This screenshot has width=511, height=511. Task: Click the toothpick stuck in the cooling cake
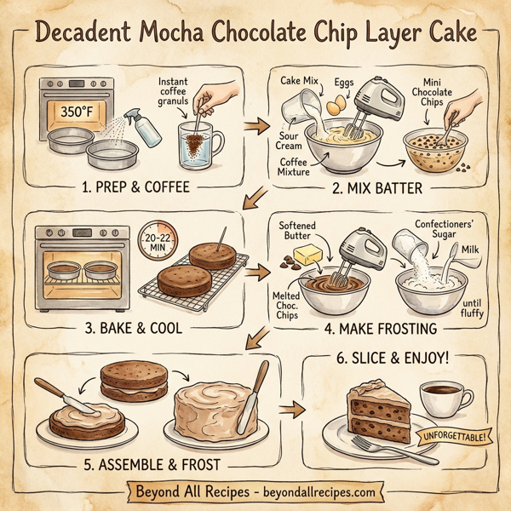pos(221,239)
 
